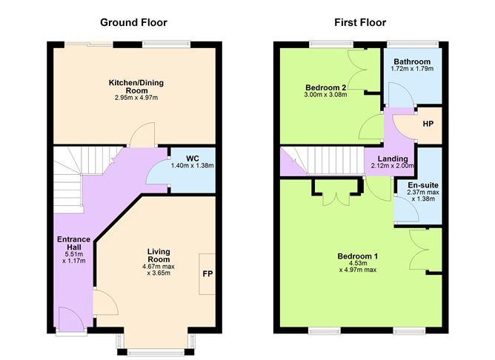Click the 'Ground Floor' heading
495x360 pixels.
point(134,23)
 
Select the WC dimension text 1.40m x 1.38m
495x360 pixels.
point(192,165)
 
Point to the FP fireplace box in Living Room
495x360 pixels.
point(208,273)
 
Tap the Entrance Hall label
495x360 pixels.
point(74,244)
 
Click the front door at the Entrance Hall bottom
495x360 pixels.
point(72,321)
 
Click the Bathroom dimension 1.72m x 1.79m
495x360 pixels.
point(411,69)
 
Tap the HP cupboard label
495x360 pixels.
point(428,123)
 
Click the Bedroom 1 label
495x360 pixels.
point(358,256)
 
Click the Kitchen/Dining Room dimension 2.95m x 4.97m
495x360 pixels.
point(132,98)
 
